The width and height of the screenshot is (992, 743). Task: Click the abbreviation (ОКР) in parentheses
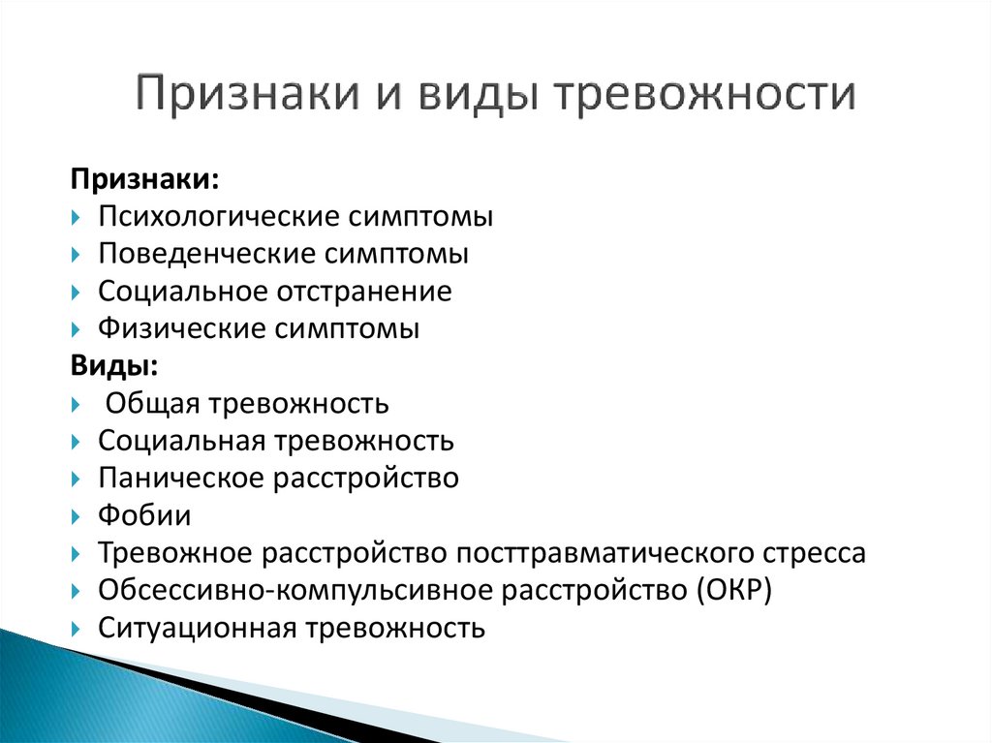click(733, 591)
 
